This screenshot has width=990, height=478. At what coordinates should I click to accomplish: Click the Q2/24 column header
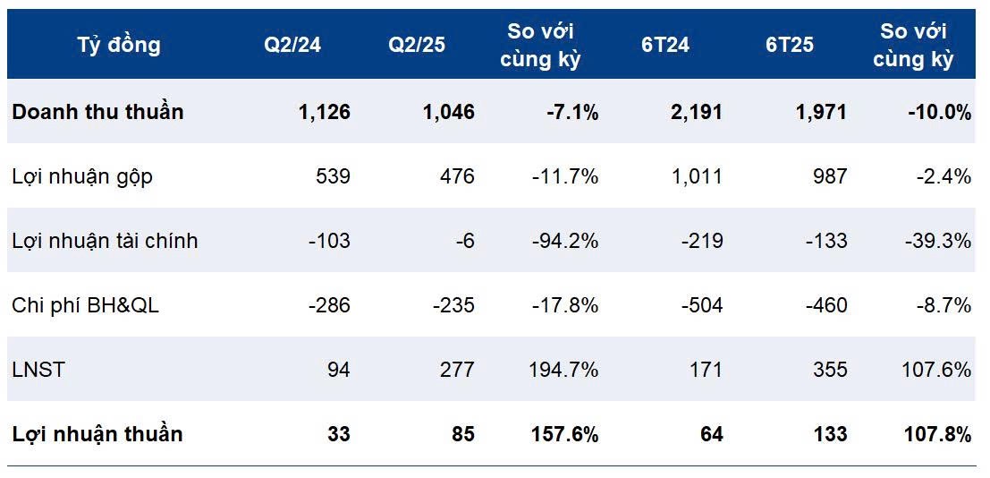click(x=292, y=45)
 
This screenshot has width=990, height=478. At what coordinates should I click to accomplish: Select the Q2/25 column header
click(x=416, y=45)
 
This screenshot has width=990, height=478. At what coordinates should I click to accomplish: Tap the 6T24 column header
click(x=664, y=45)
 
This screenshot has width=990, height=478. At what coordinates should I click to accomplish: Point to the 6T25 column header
click(x=789, y=45)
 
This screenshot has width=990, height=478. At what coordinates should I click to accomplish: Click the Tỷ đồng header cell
click(x=119, y=45)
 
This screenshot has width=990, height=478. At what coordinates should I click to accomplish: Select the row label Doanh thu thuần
click(x=97, y=112)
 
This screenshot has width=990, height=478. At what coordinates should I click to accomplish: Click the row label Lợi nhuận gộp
click(x=82, y=176)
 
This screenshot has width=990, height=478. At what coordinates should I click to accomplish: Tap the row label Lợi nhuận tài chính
click(x=105, y=241)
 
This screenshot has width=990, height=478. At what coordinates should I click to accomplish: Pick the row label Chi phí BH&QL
click(x=86, y=305)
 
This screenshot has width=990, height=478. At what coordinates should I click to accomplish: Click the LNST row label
click(x=38, y=370)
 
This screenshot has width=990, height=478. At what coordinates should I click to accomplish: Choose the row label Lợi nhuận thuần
click(x=97, y=434)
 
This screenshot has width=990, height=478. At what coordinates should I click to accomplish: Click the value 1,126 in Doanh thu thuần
click(x=324, y=112)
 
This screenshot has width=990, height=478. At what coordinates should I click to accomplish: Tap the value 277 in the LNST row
click(x=457, y=370)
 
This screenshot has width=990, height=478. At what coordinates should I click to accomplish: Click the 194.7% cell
click(x=565, y=370)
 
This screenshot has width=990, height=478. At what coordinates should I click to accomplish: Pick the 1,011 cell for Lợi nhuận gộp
click(x=697, y=176)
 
